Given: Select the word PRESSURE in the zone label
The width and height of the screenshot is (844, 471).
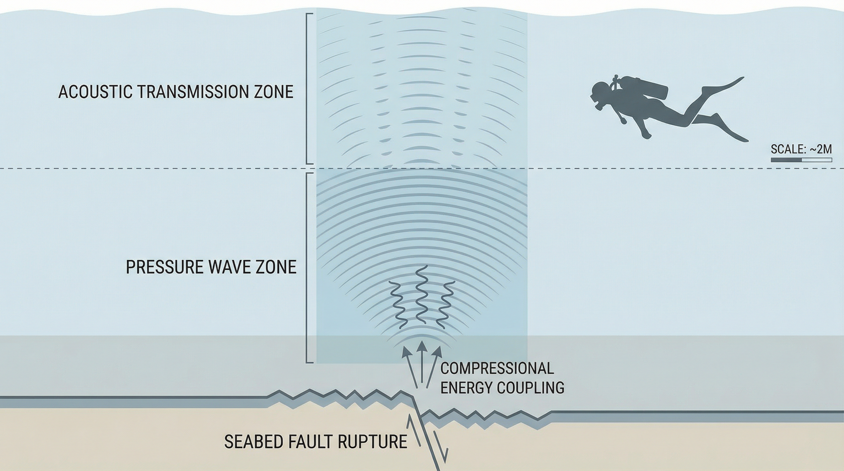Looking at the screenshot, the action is (156, 267).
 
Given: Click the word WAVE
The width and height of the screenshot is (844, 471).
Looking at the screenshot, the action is (214, 267).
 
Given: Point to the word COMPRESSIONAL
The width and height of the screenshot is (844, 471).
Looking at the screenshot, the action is (497, 368).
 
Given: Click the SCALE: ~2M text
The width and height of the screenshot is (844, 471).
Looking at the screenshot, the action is (801, 149).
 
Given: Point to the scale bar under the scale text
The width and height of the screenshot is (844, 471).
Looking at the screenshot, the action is (801, 160).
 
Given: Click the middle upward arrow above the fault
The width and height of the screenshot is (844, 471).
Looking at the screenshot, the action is (422, 363).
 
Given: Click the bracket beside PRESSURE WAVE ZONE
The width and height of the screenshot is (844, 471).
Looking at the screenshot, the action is (309, 268).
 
